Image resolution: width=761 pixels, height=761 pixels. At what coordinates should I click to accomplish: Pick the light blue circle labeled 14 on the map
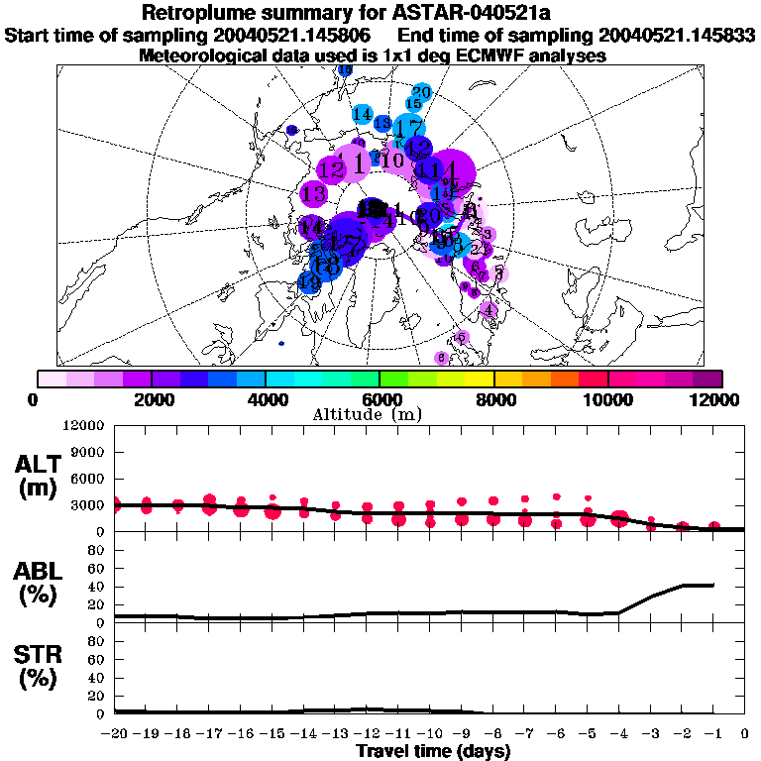coord(363,115)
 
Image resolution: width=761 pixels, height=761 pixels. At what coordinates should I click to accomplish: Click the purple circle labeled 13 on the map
coord(315,194)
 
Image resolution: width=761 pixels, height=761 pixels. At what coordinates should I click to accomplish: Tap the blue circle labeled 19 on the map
coord(310,282)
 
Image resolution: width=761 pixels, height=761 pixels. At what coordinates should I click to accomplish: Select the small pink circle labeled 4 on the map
coord(488,309)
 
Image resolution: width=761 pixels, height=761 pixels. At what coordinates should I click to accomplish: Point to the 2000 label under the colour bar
coord(151,399)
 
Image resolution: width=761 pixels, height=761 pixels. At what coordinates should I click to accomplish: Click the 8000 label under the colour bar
coord(493,399)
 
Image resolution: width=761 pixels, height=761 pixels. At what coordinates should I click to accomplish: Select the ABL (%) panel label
coord(38,584)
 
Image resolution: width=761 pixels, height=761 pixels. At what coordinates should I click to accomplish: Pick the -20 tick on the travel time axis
coord(115,734)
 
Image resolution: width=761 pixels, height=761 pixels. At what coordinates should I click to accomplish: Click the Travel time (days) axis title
coord(433,752)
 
